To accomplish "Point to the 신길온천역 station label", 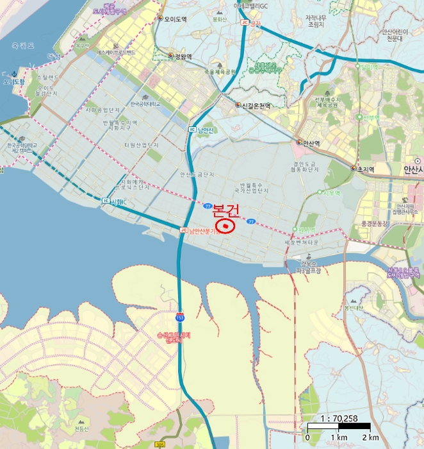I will [256, 105].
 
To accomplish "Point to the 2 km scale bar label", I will [370, 437].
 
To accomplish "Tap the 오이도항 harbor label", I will [13, 82].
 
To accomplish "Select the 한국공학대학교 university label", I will [145, 103].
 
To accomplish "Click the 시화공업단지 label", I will [102, 110].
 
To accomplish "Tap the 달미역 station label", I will [371, 66].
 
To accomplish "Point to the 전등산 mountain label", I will [82, 428].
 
